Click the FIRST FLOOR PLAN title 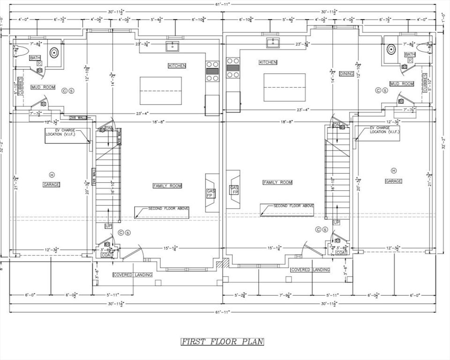[223, 342]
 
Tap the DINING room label [346, 74]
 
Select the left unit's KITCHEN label [177, 66]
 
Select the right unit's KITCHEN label [268, 62]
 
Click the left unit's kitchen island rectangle [161, 91]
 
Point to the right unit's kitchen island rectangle [284, 87]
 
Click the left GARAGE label [52, 185]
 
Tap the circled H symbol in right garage [393, 171]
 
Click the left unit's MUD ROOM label [43, 87]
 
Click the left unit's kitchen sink [172, 46]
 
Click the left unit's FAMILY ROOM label [167, 186]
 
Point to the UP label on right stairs [336, 222]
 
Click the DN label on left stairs [109, 128]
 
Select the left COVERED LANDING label [133, 275]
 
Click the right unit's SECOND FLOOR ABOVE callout [293, 206]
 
